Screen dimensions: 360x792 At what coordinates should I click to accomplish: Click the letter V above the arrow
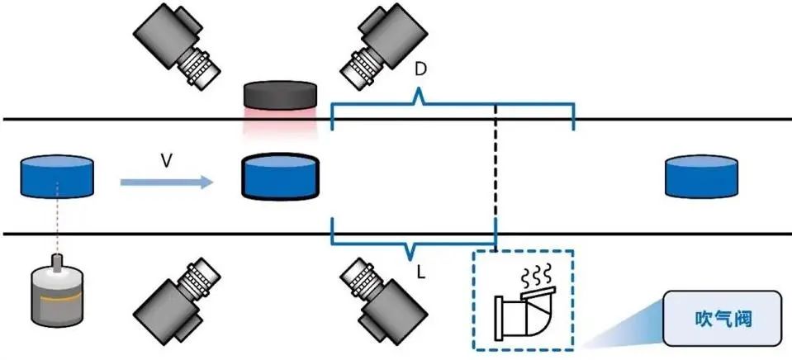166,162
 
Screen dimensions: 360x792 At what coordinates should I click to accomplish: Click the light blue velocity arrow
165,181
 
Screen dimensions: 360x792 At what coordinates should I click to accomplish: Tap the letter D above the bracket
420,70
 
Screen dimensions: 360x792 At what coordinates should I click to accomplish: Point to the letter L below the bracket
421,270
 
